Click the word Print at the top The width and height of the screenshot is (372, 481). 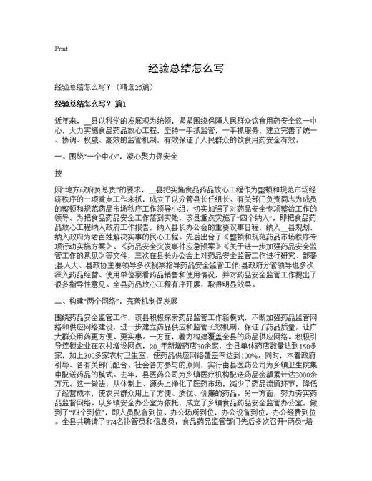[x=61, y=49]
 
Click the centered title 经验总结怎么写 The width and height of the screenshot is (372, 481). [x=185, y=69]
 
